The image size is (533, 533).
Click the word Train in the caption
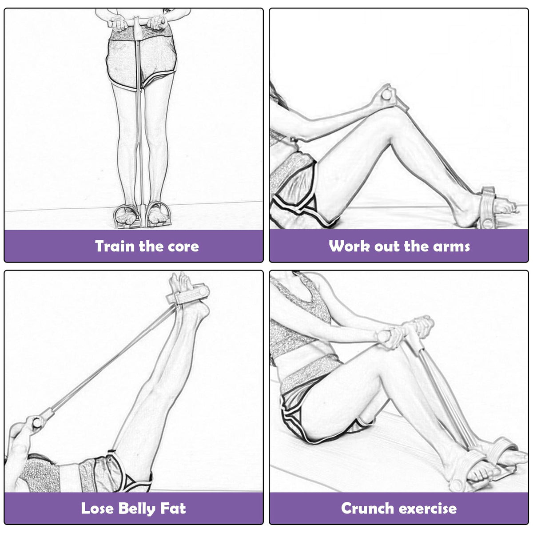(115, 246)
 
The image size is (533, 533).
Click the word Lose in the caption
(97, 509)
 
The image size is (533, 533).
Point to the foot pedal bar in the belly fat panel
(188, 294)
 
